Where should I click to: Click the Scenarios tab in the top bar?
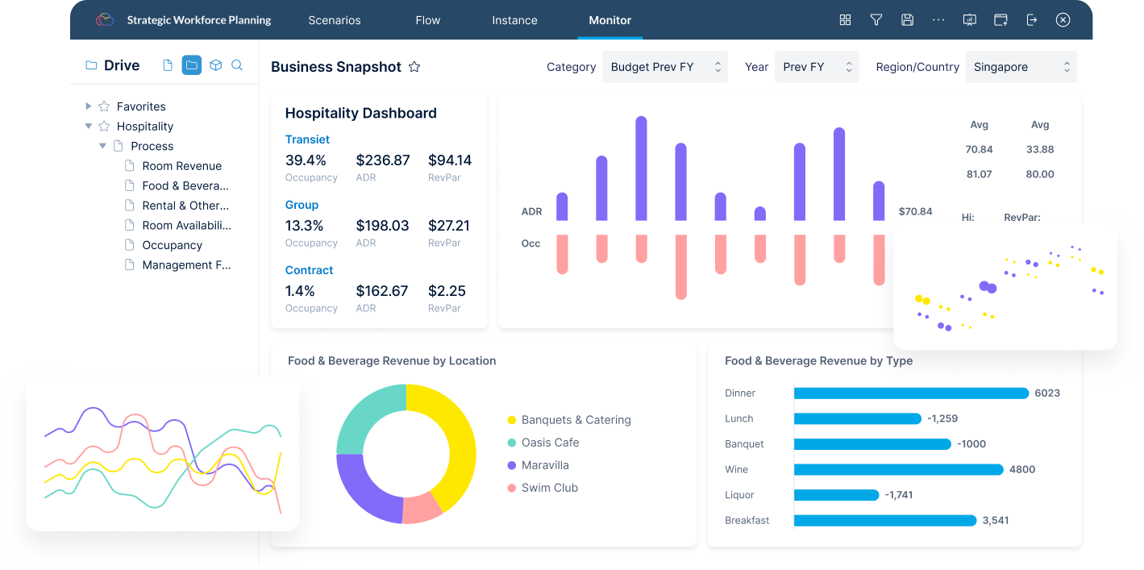(335, 20)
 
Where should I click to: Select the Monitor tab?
(609, 20)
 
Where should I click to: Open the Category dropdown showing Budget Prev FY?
(665, 67)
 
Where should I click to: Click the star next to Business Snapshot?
(414, 67)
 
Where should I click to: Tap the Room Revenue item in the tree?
(181, 166)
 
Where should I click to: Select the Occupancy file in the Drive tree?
(172, 245)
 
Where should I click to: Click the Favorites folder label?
(141, 106)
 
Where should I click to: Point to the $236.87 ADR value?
(382, 160)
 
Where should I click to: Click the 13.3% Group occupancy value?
(305, 226)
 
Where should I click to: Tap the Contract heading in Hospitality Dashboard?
(309, 270)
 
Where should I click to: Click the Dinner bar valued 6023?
(911, 393)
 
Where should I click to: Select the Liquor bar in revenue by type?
(836, 495)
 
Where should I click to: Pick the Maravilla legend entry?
(545, 465)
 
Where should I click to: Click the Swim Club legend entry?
(550, 488)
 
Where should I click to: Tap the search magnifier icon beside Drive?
(237, 65)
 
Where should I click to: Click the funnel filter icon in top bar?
(876, 20)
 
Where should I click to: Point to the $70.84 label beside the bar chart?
(915, 212)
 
